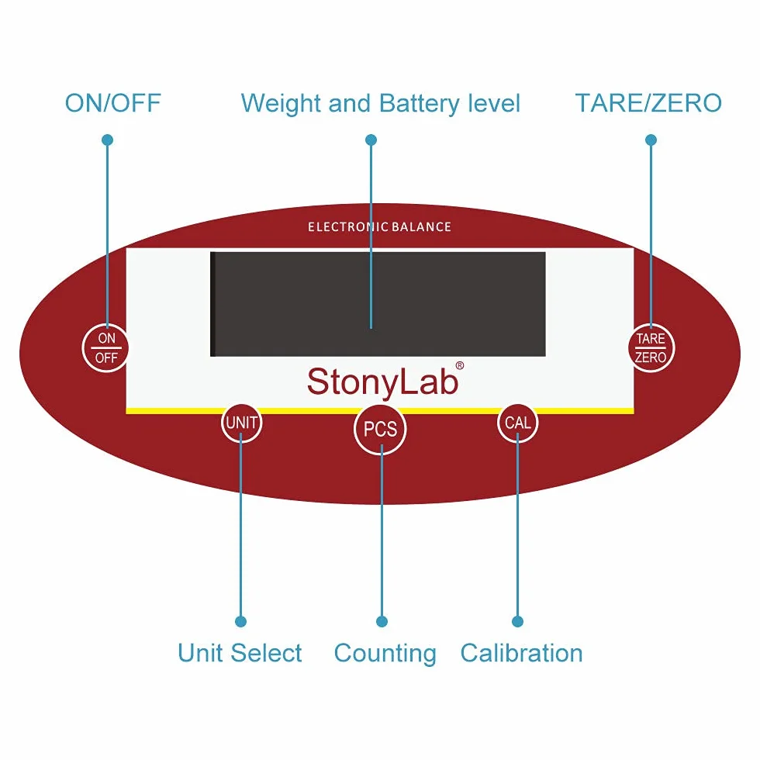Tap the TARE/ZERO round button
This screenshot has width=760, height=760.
pyautogui.click(x=651, y=347)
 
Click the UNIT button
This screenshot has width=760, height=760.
pyautogui.click(x=241, y=423)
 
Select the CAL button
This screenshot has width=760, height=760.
pyautogui.click(x=518, y=423)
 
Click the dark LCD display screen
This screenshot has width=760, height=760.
pyautogui.click(x=378, y=304)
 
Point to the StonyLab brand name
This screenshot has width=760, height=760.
pyautogui.click(x=383, y=382)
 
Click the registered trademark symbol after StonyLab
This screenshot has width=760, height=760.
pyautogui.click(x=459, y=365)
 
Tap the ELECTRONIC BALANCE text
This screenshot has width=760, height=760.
pyautogui.click(x=379, y=226)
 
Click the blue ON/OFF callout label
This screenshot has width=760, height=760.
pyautogui.click(x=113, y=103)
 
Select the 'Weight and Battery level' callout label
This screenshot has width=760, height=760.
pyautogui.click(x=381, y=104)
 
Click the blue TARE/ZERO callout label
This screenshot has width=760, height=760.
pyautogui.click(x=648, y=103)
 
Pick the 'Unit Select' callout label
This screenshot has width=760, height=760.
pyautogui.click(x=240, y=653)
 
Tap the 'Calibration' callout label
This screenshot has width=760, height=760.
pyautogui.click(x=521, y=653)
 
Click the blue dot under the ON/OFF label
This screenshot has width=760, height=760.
pyautogui.click(x=108, y=140)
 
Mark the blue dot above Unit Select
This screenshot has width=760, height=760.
pyautogui.click(x=241, y=621)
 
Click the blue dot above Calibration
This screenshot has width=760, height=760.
pyautogui.click(x=518, y=621)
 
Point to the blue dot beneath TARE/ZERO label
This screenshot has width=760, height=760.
pyautogui.click(x=651, y=140)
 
